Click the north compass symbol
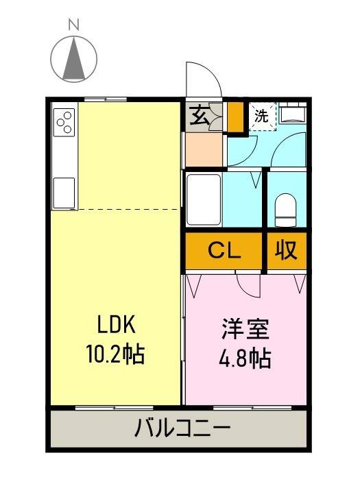coord(74,58)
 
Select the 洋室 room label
coord(245,330)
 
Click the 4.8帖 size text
coord(245,358)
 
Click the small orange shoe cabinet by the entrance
coord(235,117)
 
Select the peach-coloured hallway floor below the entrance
coord(203,150)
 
